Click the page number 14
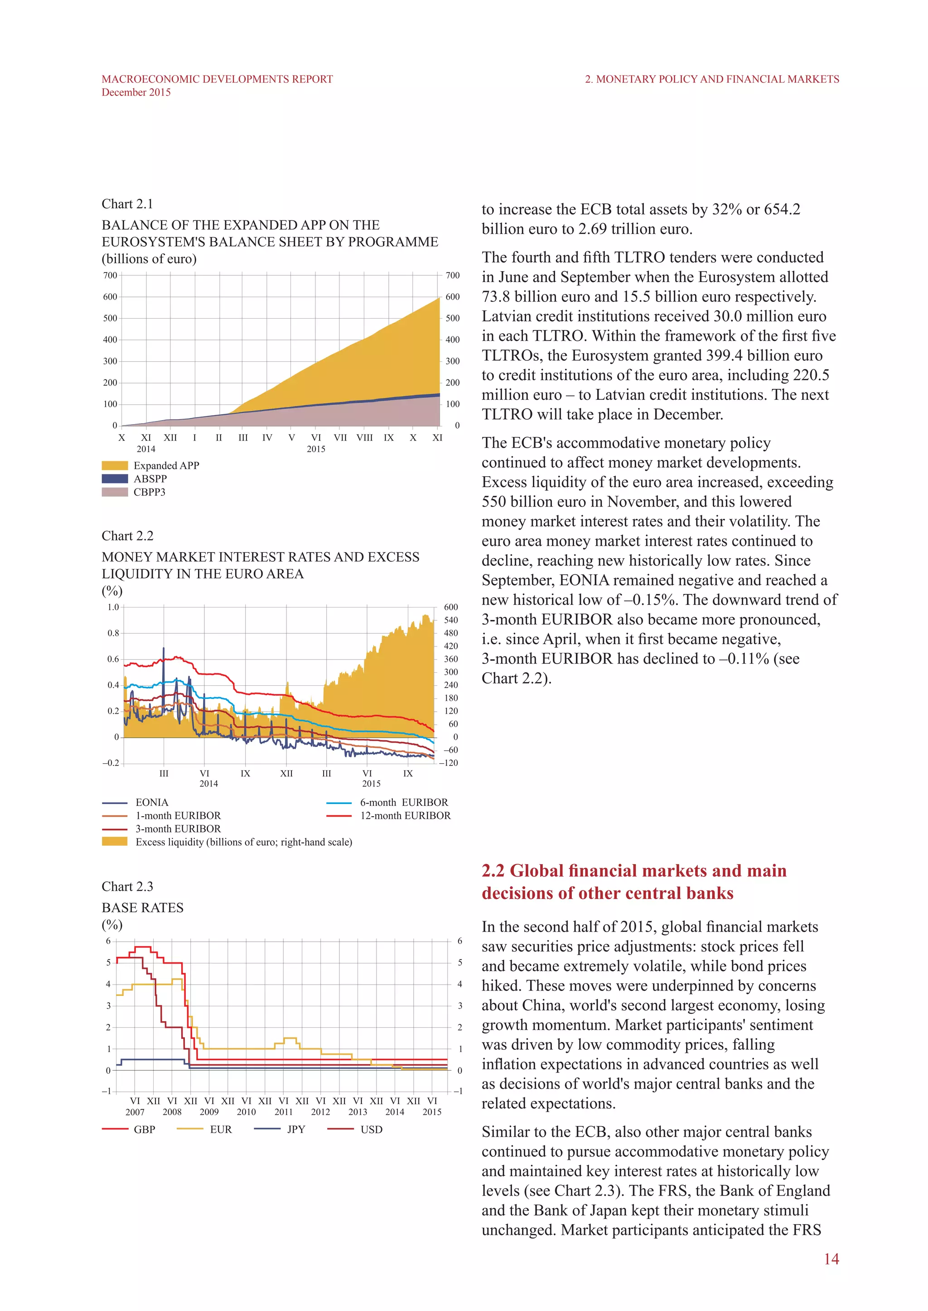pos(831,1259)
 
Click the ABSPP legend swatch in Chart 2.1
pos(115,478)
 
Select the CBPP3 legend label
pos(149,492)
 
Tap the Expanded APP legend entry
pos(166,465)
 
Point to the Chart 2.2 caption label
pos(127,536)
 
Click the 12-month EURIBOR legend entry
pos(405,815)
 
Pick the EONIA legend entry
pos(151,802)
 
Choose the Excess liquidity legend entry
pos(243,842)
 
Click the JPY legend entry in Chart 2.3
pos(295,1129)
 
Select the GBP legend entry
pos(144,1129)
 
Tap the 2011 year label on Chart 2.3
pos(283,1112)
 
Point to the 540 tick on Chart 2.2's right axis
pos(451,620)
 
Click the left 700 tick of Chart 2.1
pos(110,275)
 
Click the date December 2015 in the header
pos(136,92)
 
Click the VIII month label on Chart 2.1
pos(365,438)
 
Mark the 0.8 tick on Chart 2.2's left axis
pos(113,633)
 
